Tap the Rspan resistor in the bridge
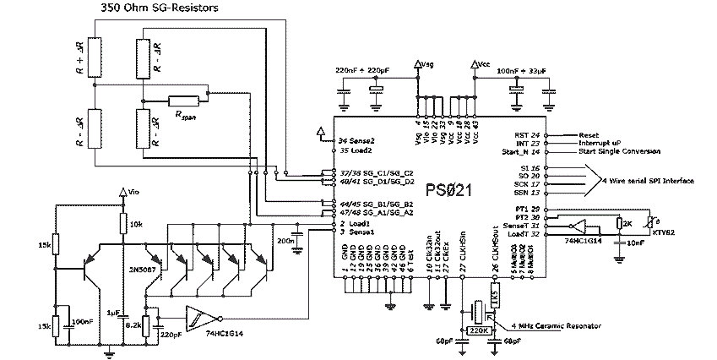click(183, 101)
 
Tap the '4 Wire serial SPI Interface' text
click(646, 181)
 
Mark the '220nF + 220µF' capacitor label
click(363, 69)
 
